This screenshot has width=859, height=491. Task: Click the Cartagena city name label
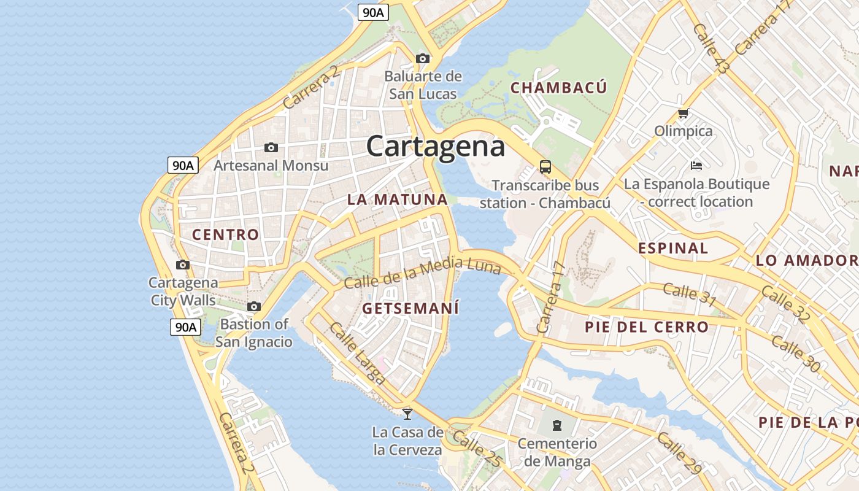(436, 146)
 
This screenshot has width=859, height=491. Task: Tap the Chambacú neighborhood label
(558, 88)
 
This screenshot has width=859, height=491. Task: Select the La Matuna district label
(398, 199)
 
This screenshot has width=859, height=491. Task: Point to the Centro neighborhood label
(225, 234)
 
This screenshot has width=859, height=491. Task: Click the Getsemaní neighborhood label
(410, 308)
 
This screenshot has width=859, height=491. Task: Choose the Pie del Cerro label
(646, 327)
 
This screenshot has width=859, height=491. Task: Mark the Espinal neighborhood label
(673, 248)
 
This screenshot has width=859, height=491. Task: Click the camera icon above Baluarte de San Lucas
(423, 58)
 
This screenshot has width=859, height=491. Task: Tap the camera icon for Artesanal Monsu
(271, 147)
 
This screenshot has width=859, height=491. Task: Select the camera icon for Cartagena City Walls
(182, 265)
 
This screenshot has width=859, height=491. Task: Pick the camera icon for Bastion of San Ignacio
(254, 306)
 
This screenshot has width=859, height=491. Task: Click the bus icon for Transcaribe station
(545, 166)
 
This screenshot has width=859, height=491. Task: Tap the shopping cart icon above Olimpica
(683, 114)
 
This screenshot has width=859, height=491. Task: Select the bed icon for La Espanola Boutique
(696, 165)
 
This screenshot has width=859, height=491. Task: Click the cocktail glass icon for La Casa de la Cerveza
(407, 414)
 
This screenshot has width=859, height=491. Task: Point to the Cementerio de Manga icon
(557, 425)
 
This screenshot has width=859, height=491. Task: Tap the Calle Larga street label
(357, 354)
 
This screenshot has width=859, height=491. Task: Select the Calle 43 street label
(710, 49)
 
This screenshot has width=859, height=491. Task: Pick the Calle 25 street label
(477, 449)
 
